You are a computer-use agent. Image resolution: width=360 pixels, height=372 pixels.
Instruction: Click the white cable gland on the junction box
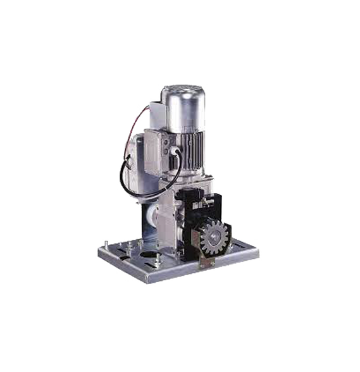click(171, 151)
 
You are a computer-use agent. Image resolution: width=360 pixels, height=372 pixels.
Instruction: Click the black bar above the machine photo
click(180, 71)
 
